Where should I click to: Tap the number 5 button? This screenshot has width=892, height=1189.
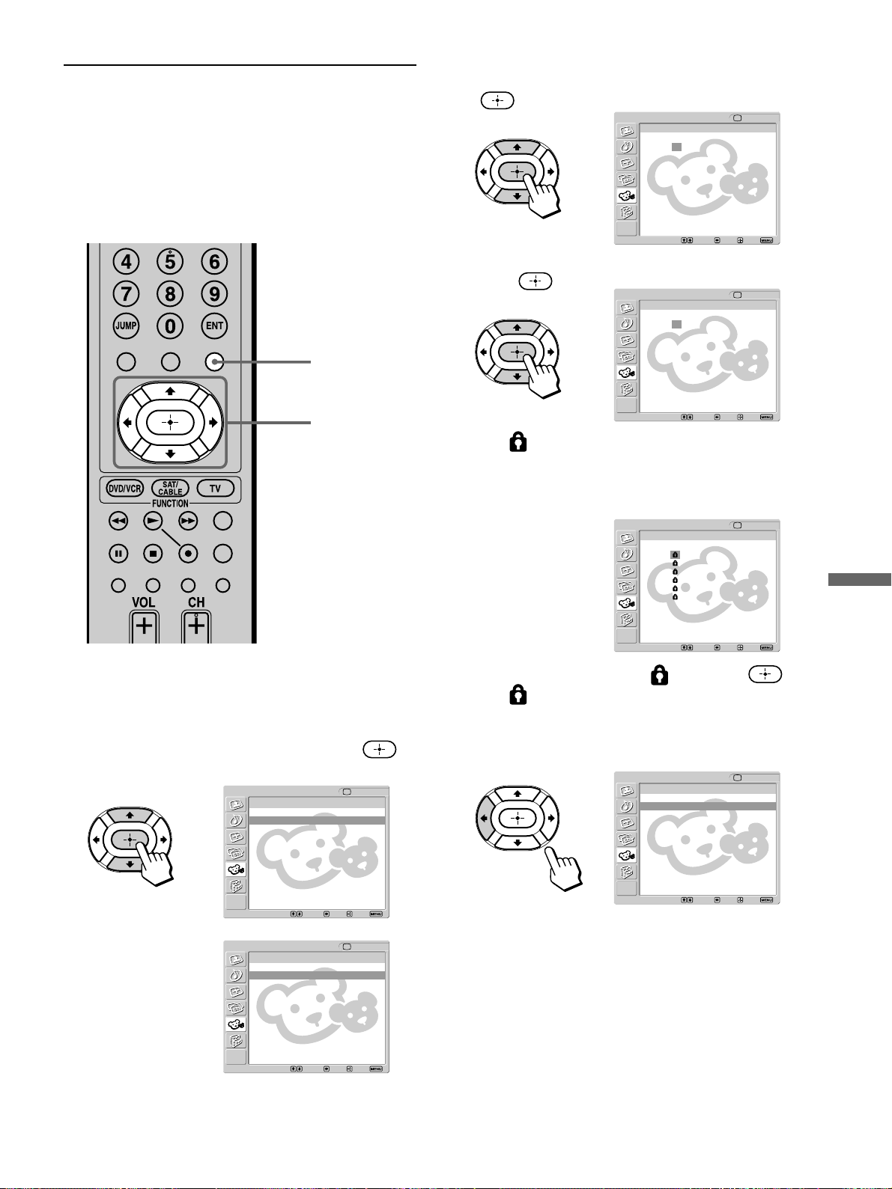pos(170,262)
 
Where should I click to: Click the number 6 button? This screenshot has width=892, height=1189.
pos(214,262)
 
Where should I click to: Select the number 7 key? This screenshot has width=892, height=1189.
pos(127,294)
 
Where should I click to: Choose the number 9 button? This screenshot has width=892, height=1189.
pos(214,294)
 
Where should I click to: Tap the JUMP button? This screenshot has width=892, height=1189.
pos(127,326)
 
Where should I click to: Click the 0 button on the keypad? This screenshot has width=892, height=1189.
pos(170,326)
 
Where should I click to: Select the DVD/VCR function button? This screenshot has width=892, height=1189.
pos(124,489)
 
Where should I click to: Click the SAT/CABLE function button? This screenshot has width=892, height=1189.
pos(170,489)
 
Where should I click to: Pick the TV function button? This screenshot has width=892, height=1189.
pos(215,489)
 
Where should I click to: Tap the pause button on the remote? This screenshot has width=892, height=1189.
pos(118,554)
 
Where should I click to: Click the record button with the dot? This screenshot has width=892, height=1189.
pos(188,554)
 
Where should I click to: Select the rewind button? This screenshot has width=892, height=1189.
pos(118,521)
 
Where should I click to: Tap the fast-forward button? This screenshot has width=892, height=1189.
pos(188,521)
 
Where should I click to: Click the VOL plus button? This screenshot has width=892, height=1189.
pos(144,627)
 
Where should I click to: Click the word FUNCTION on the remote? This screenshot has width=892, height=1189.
pos(170,504)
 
